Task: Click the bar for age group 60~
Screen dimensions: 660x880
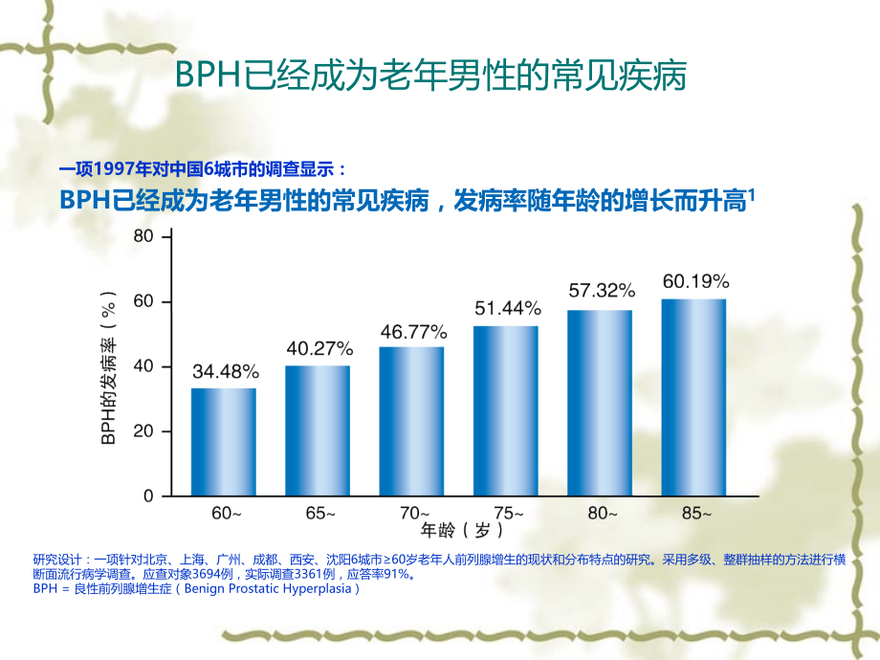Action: pos(223,442)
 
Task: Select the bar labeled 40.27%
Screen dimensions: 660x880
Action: pos(317,430)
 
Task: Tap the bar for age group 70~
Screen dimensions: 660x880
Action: pos(411,421)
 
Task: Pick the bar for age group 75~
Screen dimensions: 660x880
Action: pos(505,411)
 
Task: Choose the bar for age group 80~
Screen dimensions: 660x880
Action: pos(599,403)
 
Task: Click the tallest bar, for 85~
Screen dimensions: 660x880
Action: pos(693,397)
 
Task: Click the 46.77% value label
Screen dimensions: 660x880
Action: pos(412,332)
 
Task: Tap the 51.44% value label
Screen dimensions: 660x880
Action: pos(507,309)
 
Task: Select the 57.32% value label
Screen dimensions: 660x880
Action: pos(601,289)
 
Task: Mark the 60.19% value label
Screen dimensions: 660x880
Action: pos(695,281)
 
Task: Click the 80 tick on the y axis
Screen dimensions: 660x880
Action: pos(143,236)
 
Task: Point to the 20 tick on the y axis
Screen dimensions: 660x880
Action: pos(143,431)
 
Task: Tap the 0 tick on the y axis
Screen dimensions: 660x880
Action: pos(148,496)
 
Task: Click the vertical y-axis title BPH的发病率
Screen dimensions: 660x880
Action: pos(108,366)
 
